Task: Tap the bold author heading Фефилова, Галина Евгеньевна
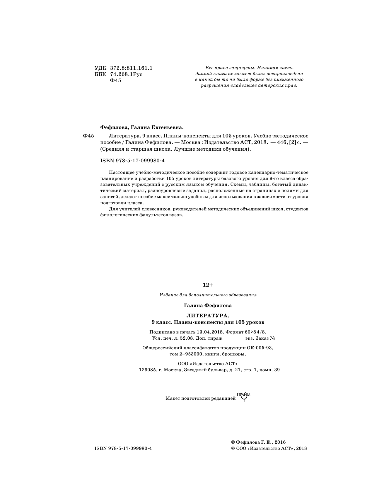(142, 127)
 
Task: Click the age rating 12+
(208, 285)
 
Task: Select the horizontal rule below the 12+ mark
(208, 291)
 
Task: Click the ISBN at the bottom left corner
(123, 448)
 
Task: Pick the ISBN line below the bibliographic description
(132, 161)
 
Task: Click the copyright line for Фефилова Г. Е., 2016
(258, 442)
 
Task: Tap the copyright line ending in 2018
(269, 448)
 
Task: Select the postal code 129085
(147, 370)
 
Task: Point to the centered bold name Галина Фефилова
(208, 306)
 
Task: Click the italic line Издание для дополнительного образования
(208, 295)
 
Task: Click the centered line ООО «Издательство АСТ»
(208, 364)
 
